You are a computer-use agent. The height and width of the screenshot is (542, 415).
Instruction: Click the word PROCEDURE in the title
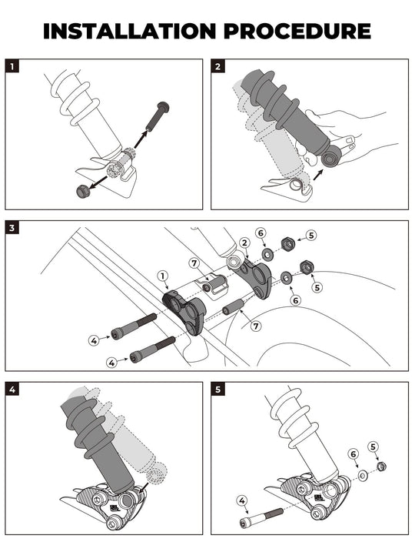[300, 31]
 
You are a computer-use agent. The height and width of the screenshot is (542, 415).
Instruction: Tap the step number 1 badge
[12, 66]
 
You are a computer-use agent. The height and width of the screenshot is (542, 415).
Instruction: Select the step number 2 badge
[218, 66]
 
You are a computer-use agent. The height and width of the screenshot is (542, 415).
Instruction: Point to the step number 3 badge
[12, 229]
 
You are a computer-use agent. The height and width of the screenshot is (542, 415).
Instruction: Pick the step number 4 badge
[12, 390]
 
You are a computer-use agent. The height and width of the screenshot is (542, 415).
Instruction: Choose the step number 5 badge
[218, 390]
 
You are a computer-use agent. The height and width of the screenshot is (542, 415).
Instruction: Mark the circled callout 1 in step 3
[162, 276]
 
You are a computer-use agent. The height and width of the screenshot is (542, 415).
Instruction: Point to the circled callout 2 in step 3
[245, 243]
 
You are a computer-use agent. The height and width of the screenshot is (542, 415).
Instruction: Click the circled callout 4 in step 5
[242, 500]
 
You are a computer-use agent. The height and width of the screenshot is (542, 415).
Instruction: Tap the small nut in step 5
[382, 467]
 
